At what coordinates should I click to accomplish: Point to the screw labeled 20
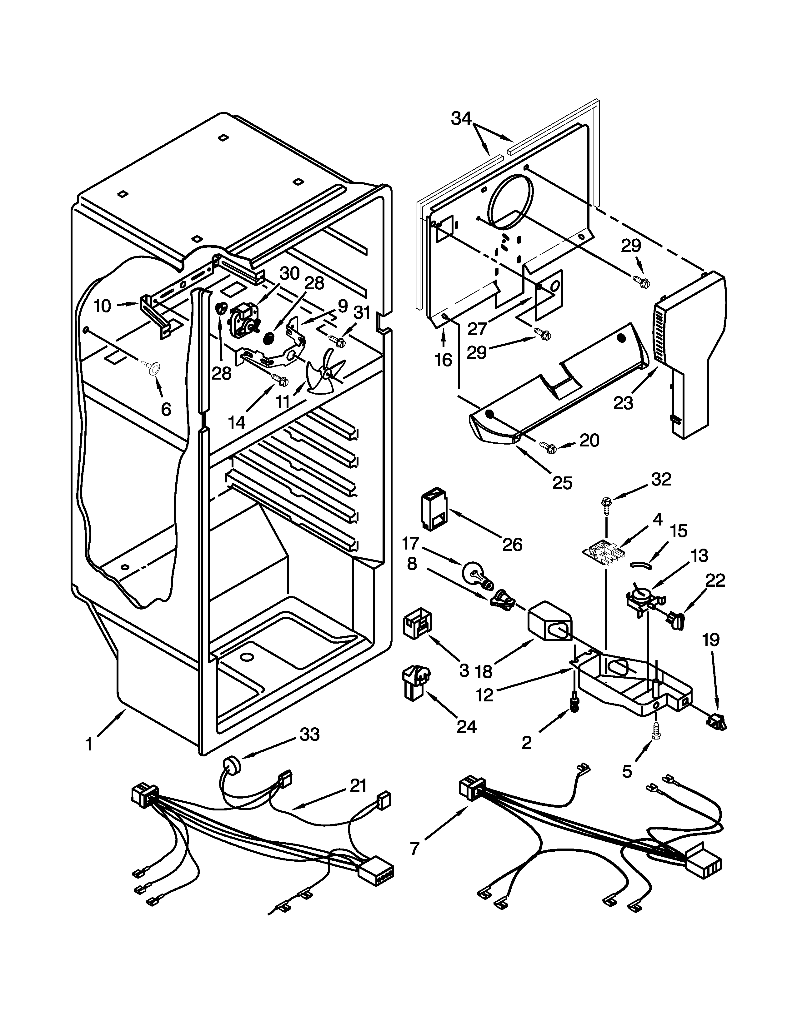549,445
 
